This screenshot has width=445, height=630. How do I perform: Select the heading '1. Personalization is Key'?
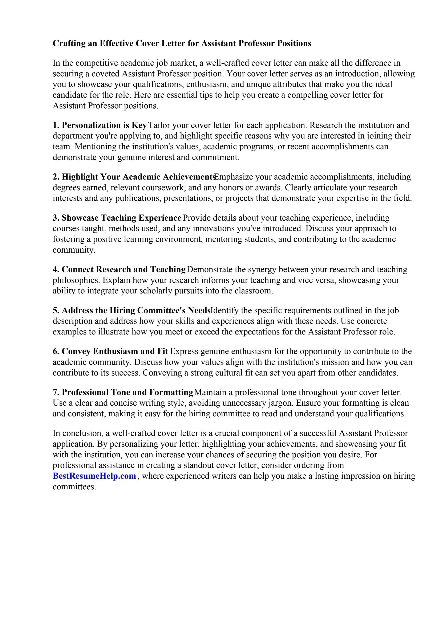[100, 125]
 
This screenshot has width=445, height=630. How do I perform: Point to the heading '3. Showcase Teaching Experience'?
[117, 218]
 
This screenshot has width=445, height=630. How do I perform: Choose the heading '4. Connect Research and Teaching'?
[119, 269]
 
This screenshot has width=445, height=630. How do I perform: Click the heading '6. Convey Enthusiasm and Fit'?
[110, 351]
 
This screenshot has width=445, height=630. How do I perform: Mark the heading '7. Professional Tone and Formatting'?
[123, 392]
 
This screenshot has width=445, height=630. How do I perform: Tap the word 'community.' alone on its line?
[74, 250]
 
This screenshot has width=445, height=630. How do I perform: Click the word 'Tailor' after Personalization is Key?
[159, 125]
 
